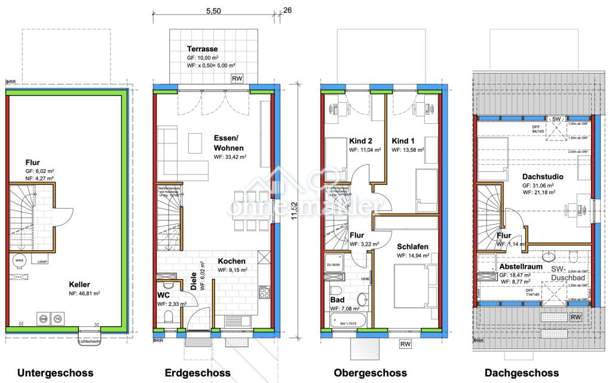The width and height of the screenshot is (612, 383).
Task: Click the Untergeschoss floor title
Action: (x=56, y=373)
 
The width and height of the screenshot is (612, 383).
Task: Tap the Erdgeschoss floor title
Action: (x=197, y=373)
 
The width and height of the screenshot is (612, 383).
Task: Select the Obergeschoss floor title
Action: (x=371, y=373)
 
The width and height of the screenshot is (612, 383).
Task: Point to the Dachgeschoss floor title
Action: (x=522, y=373)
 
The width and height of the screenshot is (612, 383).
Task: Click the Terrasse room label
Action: (x=201, y=49)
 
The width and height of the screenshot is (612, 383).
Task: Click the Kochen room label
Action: (x=231, y=261)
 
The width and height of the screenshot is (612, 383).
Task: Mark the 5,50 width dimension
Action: (x=213, y=11)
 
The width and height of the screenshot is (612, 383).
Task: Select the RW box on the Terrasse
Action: (x=237, y=78)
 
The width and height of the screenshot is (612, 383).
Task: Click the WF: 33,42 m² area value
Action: (x=230, y=157)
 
